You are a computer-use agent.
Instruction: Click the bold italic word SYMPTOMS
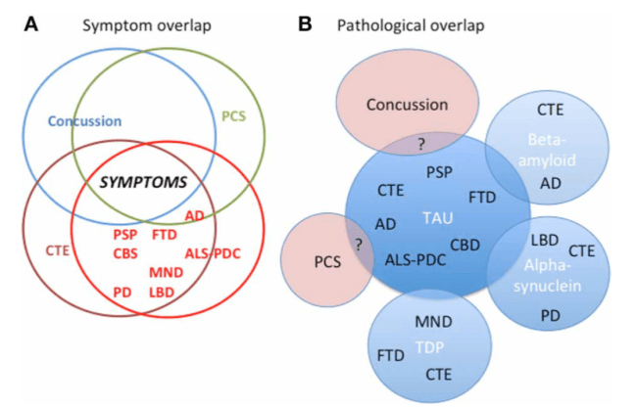coord(147,182)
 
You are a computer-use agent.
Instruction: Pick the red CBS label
coord(124,253)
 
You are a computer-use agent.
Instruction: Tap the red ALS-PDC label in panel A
coord(213,253)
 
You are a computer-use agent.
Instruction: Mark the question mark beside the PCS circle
coord(358,244)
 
